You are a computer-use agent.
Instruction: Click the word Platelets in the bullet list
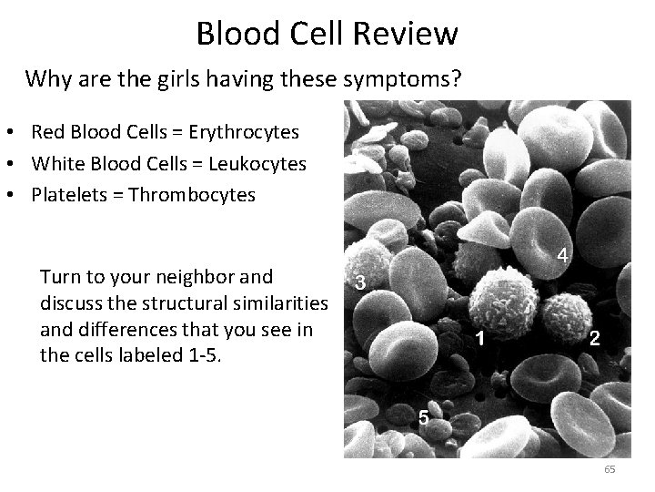click(66, 195)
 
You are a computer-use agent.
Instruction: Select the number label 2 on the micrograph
click(593, 341)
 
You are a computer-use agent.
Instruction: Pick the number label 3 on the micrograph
click(361, 283)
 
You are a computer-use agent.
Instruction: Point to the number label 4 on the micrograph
click(563, 256)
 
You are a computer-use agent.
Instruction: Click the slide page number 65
click(609, 469)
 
